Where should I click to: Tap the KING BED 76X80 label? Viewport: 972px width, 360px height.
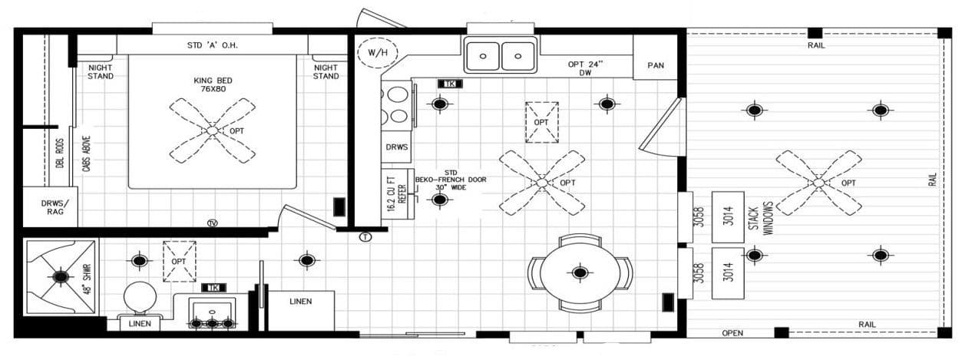pos(213,84)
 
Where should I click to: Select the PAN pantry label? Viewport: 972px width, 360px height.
pos(656,65)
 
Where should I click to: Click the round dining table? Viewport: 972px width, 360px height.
pos(580,272)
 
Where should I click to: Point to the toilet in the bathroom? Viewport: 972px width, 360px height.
pos(139,298)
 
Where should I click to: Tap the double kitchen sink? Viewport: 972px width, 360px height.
pos(501,56)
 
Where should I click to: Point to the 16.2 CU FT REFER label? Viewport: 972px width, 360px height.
pos(396,197)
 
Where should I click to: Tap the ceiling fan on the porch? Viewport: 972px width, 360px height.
pos(818,182)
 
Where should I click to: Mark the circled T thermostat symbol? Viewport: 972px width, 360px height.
pos(365,237)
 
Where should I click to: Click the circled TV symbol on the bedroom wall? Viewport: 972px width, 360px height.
pos(212,223)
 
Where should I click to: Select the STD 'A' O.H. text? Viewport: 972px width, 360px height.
pos(213,45)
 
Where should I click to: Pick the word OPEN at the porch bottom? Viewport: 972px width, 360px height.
pos(732,333)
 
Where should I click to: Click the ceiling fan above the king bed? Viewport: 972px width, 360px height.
pos(213,130)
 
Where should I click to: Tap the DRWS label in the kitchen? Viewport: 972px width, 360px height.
pos(396,147)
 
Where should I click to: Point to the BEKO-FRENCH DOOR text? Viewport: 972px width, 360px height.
pos(451,179)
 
